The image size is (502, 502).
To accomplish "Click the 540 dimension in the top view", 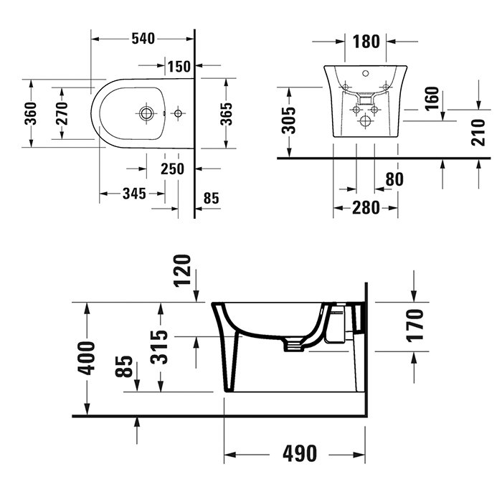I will click(x=143, y=38).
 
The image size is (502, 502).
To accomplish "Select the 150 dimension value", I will click(x=179, y=67).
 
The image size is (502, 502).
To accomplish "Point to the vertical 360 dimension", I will click(x=31, y=113).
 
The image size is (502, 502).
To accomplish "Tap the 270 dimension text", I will click(x=62, y=113).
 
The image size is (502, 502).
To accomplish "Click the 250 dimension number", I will click(x=172, y=169).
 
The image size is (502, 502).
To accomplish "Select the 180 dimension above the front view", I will click(x=366, y=42).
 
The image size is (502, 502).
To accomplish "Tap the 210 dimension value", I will click(x=478, y=132).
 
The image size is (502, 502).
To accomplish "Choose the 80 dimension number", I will click(x=394, y=179).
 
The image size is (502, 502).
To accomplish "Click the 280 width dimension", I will click(x=366, y=208).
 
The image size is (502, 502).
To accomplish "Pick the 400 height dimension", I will click(x=87, y=359).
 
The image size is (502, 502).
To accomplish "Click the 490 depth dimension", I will click(x=299, y=454).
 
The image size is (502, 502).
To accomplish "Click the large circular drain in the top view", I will click(x=146, y=113).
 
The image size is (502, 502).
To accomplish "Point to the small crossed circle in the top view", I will click(x=177, y=113).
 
